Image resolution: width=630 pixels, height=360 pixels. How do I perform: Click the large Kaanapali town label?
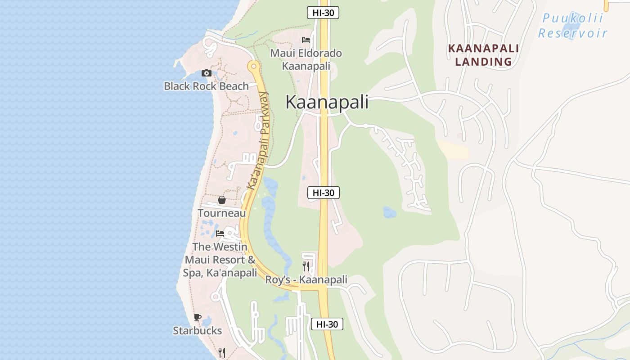pos(327,102)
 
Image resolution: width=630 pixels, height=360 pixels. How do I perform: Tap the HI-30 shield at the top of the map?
pos(323,13)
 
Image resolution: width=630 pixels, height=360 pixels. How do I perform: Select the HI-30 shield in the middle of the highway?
pos(323,193)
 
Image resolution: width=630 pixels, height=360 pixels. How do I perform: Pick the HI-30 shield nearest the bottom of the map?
pos(327,324)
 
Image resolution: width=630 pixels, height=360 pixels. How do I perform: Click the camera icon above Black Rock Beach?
pos(207,73)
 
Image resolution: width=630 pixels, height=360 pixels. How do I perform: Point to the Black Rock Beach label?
pos(206,86)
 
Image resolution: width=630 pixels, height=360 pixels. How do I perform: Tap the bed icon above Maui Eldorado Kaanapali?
pos(306,40)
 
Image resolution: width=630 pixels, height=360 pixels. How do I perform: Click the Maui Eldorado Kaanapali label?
pos(306,59)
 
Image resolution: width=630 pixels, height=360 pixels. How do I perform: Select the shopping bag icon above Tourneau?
pos(221,200)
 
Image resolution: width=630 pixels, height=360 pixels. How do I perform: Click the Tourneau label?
pos(222,213)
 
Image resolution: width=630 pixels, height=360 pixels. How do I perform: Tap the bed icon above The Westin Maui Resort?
pos(220,234)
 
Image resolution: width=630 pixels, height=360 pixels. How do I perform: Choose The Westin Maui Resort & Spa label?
pos(220,260)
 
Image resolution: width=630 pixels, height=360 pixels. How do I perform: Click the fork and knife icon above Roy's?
pos(306,266)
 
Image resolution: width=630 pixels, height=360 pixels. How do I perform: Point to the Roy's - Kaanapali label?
pos(306,279)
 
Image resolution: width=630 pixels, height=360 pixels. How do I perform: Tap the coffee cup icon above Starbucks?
pos(197,317)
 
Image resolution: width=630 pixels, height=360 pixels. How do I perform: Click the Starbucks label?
pos(197,330)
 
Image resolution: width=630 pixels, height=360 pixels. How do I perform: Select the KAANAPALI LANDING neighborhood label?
pos(483,55)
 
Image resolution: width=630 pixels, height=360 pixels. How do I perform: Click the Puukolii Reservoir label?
pos(572,26)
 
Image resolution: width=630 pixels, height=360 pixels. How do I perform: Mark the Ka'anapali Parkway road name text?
pos(258,140)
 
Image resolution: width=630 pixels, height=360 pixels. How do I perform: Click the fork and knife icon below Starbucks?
pos(221,352)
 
